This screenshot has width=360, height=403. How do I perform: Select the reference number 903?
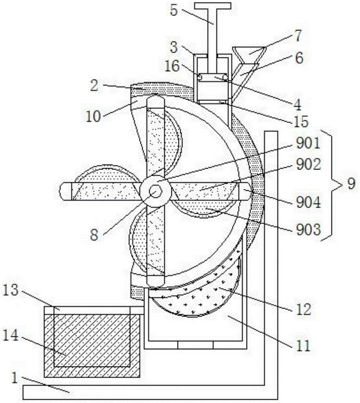[x=307, y=230]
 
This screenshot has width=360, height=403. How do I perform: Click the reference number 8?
[x=93, y=235]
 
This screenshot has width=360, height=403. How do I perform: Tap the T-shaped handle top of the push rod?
[x=213, y=6]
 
